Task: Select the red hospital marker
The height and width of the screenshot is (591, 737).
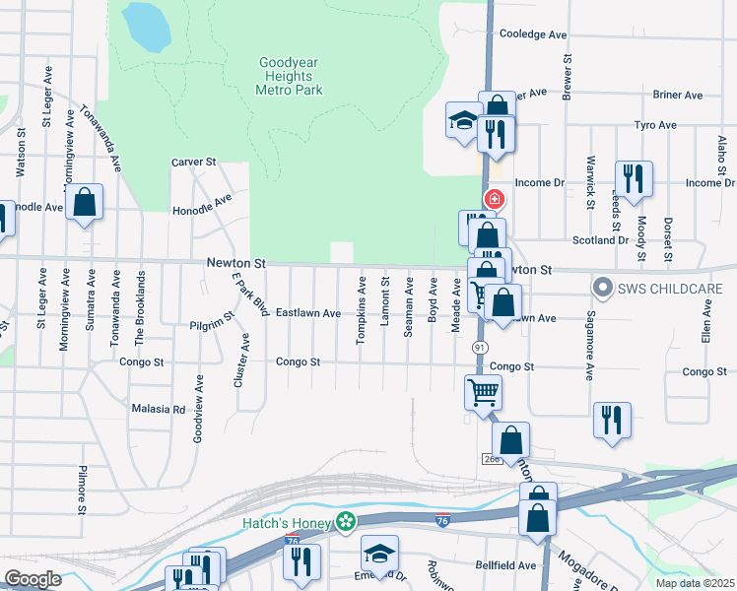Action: point(494,199)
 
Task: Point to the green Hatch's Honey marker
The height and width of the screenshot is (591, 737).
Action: point(345,522)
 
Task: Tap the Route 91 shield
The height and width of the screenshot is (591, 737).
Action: point(480,348)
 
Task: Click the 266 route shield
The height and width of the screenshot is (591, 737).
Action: point(493,459)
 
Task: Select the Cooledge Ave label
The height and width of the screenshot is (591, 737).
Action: point(533,33)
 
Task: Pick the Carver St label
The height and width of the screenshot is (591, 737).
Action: point(193,162)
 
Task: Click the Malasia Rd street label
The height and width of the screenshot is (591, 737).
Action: point(158,408)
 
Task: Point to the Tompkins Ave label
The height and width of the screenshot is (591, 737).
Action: point(362,310)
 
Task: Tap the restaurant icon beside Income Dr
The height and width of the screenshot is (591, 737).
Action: point(633,178)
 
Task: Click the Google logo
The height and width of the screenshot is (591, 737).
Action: point(33,579)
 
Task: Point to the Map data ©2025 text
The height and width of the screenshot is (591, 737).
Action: point(695,583)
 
